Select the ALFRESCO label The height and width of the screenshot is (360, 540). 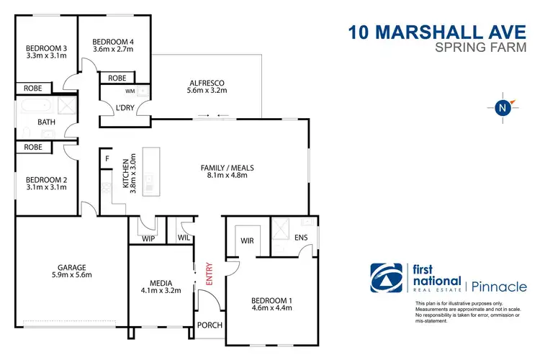[207, 81]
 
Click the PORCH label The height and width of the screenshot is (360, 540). [210, 325]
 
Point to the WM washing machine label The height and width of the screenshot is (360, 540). [130, 91]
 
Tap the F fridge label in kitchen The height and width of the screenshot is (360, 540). [107, 158]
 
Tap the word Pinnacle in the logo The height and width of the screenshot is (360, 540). [501, 287]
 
